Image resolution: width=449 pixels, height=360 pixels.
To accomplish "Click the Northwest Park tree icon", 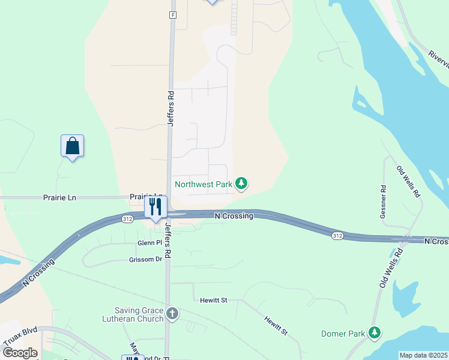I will coord(241,184).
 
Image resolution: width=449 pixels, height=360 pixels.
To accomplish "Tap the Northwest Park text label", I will coord(203,184).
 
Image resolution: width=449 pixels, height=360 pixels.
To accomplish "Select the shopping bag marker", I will coord(72,146).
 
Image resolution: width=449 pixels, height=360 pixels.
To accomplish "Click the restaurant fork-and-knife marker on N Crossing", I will coord(155,208).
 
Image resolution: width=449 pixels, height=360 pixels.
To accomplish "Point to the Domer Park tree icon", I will coord(375,332).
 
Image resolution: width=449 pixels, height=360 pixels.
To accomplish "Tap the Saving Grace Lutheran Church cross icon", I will coord(172,313).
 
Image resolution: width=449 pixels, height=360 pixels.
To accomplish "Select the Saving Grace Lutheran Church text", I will coord(139,314).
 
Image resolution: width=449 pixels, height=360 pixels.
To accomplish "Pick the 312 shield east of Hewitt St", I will coord(337,236).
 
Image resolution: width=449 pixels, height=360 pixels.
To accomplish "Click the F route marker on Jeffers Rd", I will coord(173,14).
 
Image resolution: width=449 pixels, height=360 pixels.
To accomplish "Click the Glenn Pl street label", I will coord(150,242).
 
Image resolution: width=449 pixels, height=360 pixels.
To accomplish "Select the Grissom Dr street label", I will coord(145,260).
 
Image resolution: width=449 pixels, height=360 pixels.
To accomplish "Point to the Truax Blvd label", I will coord(20,338).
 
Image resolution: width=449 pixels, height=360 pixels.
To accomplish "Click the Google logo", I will coord(20,353).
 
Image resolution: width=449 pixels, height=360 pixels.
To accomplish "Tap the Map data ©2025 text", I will coord(423,355).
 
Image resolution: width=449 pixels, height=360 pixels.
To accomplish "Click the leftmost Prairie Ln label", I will coord(59,197).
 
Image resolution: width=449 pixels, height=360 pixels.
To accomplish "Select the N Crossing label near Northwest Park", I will coord(234,216).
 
